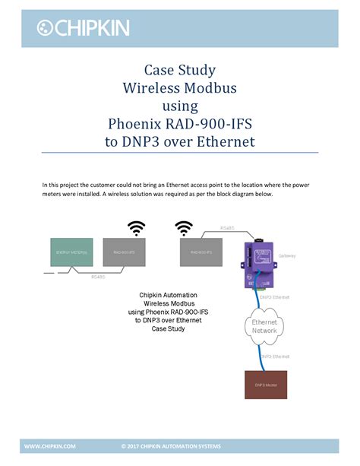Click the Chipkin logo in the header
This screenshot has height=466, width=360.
click(x=84, y=28)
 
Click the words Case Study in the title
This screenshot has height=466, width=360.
click(x=180, y=71)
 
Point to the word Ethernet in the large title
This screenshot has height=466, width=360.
click(x=226, y=141)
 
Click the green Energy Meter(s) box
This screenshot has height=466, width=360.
click(x=71, y=252)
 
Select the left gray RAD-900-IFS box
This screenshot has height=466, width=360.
click(x=124, y=252)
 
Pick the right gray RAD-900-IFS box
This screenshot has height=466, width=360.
click(x=201, y=252)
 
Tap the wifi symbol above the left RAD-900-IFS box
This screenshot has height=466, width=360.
click(x=136, y=228)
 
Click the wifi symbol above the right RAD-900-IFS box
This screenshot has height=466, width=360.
click(x=183, y=227)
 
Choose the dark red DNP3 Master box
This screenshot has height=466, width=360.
click(x=265, y=385)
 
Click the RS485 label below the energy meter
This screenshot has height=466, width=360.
click(x=98, y=277)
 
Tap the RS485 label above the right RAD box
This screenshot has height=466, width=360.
click(x=226, y=228)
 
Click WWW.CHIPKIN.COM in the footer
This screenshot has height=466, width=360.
click(x=50, y=446)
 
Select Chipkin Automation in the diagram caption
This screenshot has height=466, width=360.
click(x=169, y=295)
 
